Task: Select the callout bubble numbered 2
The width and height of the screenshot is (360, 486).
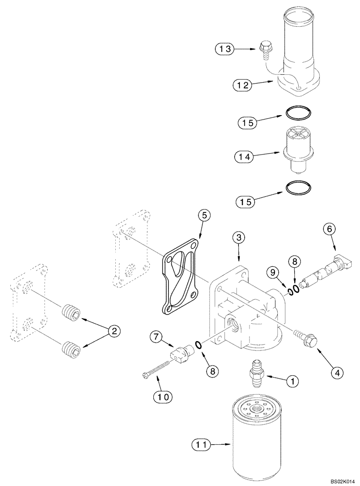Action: coord(114,331)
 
